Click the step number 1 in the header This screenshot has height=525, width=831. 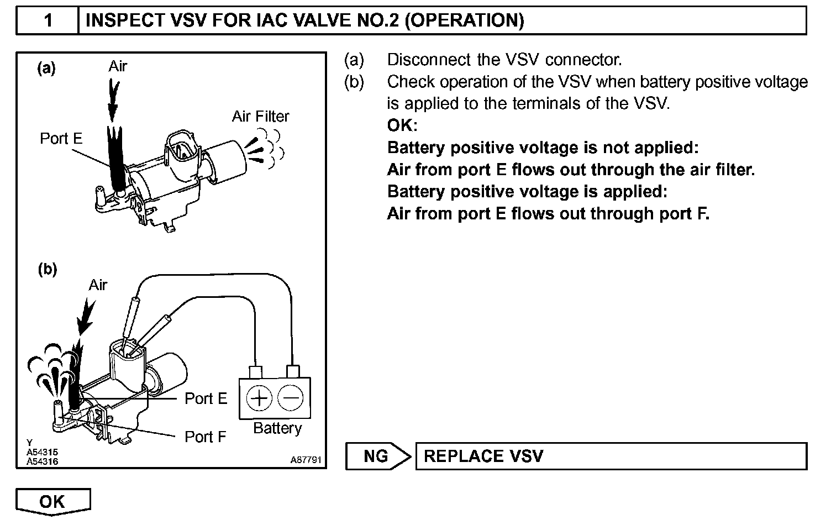(48, 20)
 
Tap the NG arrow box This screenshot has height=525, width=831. (378, 456)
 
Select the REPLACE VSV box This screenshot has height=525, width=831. (611, 456)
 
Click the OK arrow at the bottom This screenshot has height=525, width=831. (52, 501)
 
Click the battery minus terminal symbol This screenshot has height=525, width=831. (291, 398)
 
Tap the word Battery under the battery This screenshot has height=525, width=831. (277, 428)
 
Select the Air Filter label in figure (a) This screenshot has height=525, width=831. (260, 117)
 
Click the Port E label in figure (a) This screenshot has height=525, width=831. (61, 138)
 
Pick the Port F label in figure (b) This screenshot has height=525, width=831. (206, 437)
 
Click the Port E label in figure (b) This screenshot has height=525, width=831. (206, 398)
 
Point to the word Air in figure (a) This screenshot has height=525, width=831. (118, 66)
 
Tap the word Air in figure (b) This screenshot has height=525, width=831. (98, 285)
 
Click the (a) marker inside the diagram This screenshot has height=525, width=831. (46, 68)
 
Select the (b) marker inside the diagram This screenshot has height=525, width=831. (48, 270)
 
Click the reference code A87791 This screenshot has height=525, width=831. (306, 460)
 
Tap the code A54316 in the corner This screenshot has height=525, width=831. (42, 461)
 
